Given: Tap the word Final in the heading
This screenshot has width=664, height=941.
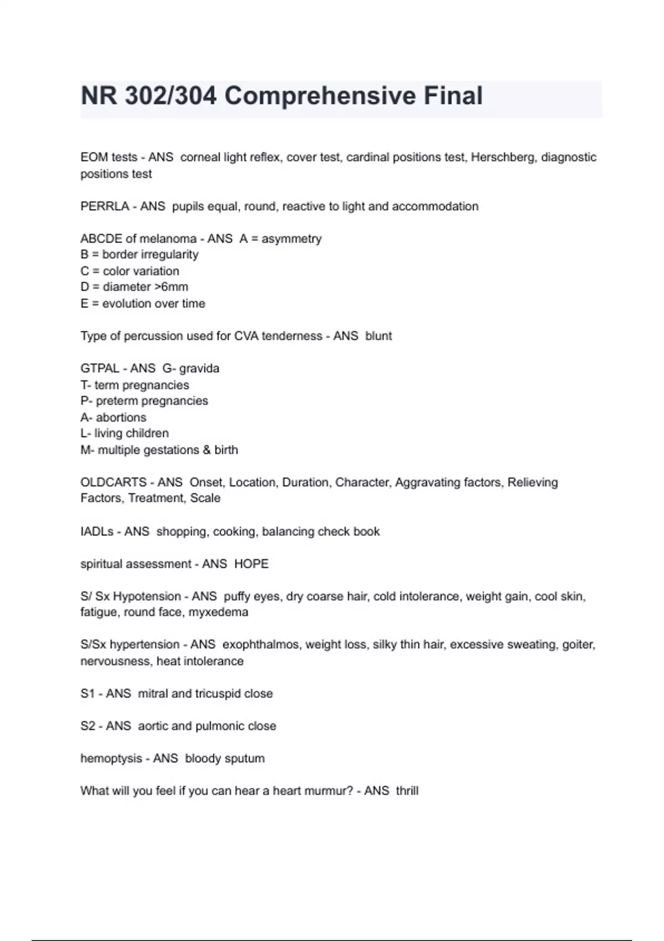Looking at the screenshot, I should (453, 96).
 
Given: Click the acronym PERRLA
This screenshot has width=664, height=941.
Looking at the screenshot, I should (105, 206).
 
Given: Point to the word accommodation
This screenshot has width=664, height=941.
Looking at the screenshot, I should (435, 206).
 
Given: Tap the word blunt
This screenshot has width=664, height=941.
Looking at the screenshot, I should (378, 336).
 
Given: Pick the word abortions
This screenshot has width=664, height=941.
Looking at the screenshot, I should (121, 417).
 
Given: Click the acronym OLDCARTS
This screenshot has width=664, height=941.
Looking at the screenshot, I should (113, 482).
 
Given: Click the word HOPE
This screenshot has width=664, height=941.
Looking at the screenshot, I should (251, 564).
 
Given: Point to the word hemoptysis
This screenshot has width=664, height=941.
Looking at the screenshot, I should (110, 759).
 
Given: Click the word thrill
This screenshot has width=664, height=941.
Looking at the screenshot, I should (407, 791).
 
